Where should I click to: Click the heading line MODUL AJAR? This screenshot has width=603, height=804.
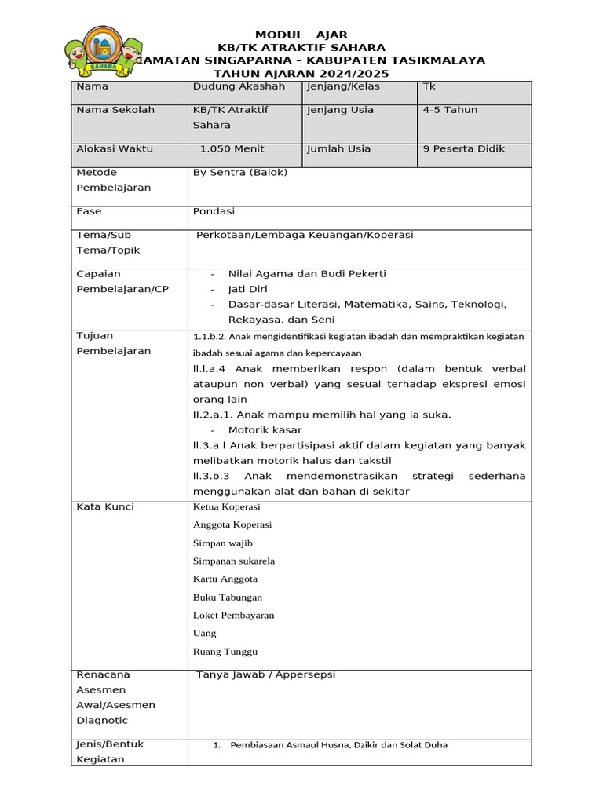pos(301,35)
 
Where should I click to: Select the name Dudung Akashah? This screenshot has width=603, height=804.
pos(239,86)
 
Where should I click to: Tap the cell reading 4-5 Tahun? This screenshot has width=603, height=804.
pos(450,110)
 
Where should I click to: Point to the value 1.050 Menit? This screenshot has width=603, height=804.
pos(232,148)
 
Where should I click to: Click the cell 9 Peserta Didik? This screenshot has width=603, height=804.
pos(464,148)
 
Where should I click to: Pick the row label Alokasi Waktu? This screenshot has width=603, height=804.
pos(115,148)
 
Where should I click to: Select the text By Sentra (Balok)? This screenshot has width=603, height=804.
pos(240,172)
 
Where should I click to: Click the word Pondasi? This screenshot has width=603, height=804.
pos(214,211)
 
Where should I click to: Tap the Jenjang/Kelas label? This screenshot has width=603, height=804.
pos(340,86)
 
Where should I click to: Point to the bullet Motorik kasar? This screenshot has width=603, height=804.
pos(265,430)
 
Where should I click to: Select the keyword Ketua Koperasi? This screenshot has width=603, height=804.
pos(226,507)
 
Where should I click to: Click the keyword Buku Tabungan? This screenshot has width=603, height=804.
pos(228,598)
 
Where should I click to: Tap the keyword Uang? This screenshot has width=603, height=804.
pos(204,634)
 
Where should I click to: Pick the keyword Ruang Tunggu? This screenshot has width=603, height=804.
pos(225,652)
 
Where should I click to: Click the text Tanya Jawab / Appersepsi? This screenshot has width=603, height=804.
pos(265,674)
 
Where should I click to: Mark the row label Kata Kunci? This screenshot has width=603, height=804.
pos(105,507)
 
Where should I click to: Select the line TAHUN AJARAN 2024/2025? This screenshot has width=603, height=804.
pos(301,73)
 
